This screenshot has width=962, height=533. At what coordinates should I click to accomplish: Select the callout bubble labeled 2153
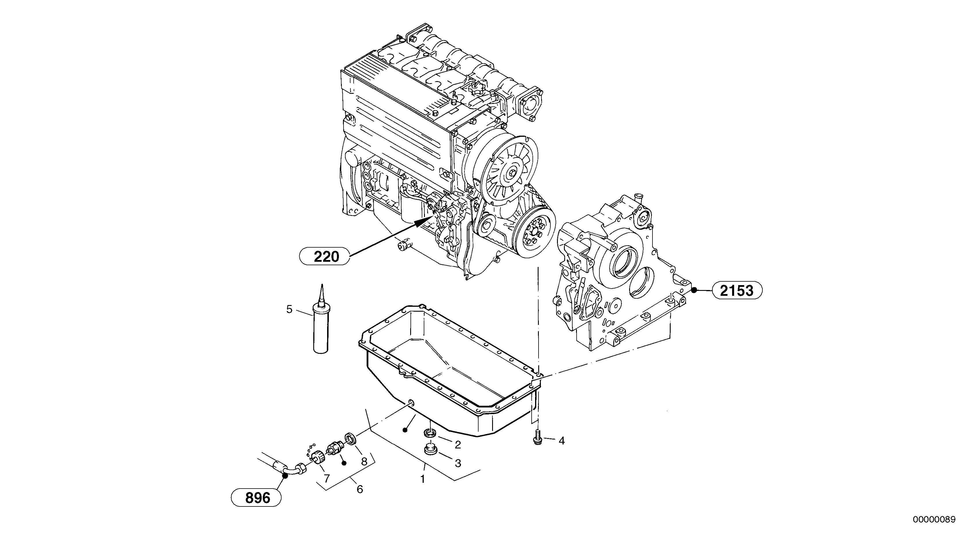[x=737, y=290]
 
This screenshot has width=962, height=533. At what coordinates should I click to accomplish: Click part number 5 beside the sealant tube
[x=289, y=309]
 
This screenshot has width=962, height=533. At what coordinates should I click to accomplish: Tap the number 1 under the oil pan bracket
[x=423, y=478]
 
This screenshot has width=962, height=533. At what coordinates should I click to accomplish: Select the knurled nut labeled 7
[x=317, y=457]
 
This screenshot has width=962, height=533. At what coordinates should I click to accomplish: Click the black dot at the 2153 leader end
[x=694, y=290]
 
